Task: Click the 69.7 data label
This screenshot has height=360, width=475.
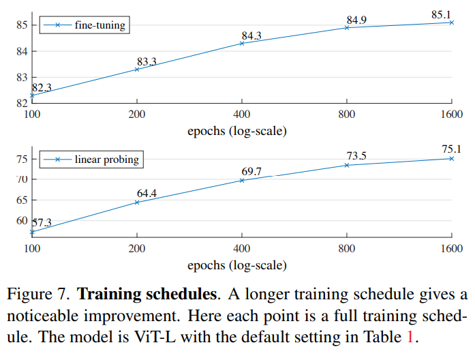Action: [251, 171]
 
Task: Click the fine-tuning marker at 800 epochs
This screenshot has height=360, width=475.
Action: [347, 27]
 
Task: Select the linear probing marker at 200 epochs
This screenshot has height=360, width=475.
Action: [137, 202]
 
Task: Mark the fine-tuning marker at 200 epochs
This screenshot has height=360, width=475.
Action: [137, 70]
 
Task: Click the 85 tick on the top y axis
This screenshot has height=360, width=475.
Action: [21, 25]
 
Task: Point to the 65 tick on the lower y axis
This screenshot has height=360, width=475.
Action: [21, 200]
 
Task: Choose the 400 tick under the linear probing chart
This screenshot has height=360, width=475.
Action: [242, 249]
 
